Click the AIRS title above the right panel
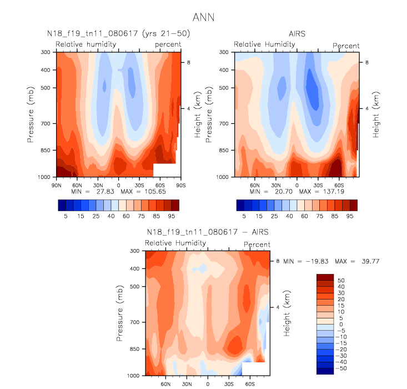297,34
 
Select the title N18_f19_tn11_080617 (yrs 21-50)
118,34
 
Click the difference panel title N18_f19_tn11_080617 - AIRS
208,232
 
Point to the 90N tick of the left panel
56,184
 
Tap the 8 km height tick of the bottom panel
278,260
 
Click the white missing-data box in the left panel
164,170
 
